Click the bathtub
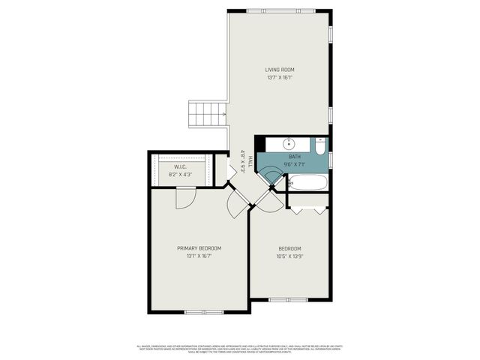tap(307, 182)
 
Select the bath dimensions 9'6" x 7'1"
tap(293, 164)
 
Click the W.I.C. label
tap(180, 168)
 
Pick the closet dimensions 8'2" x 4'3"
tap(180, 175)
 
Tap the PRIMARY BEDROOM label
tap(199, 248)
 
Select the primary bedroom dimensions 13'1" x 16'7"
tap(199, 256)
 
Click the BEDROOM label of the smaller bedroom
tap(289, 248)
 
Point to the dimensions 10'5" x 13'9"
tap(289, 256)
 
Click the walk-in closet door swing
tap(184, 196)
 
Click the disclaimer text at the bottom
tap(240, 348)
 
